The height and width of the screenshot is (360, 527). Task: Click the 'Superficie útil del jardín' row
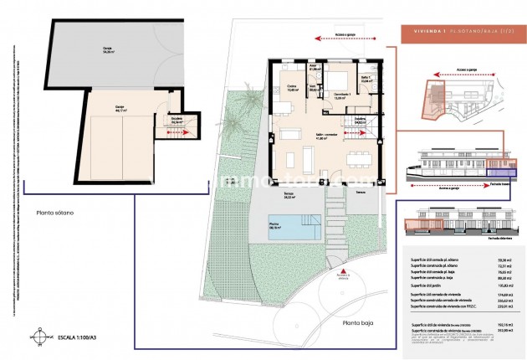[x=432, y=285]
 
